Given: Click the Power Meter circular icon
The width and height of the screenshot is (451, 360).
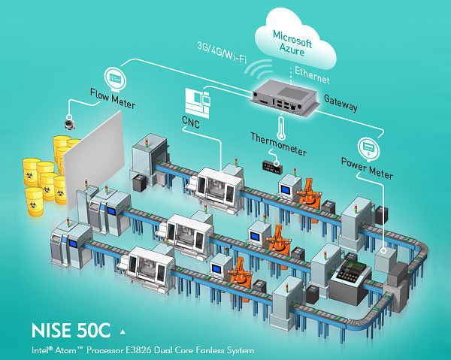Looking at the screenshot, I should click(x=369, y=144).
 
